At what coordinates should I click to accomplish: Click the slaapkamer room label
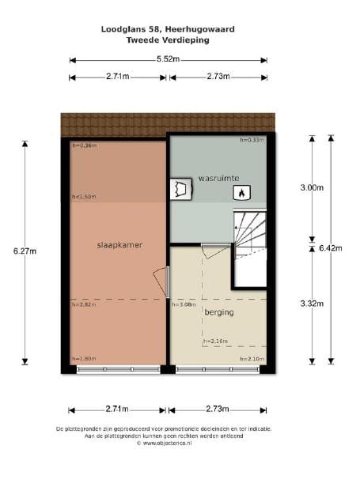116,245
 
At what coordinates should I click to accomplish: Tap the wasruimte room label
219,177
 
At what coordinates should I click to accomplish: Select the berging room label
218,312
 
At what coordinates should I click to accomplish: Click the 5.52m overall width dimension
168,59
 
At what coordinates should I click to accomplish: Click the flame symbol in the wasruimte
242,192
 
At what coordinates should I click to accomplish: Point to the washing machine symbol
180,191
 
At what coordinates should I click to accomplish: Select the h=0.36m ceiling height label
84,145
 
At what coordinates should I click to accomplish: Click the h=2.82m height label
84,304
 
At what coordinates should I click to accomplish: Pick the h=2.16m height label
216,342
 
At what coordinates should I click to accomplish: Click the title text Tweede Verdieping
168,40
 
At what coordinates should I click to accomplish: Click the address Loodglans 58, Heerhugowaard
168,29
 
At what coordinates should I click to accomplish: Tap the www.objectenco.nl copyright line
168,444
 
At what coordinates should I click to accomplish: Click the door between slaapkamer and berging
163,283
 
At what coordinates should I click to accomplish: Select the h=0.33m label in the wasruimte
252,140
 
